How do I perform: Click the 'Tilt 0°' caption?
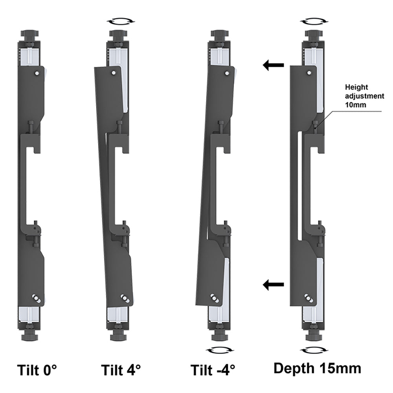click(x=37, y=370)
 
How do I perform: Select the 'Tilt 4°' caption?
click(x=121, y=370)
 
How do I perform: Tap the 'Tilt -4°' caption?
click(x=213, y=370)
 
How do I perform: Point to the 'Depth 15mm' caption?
click(x=317, y=369)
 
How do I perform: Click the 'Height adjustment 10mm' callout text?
click(x=364, y=96)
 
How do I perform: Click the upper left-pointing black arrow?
click(x=273, y=65)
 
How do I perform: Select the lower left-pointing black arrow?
click(x=273, y=285)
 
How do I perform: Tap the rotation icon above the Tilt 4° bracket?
click(x=121, y=21)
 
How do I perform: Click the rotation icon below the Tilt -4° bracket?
click(x=220, y=350)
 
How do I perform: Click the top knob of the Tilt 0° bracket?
click(x=30, y=35)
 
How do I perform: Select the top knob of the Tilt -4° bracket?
click(x=220, y=35)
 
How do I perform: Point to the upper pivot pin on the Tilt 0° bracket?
click(x=37, y=73)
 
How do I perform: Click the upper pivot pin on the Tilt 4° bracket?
click(x=114, y=73)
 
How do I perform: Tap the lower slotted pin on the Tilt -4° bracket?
click(x=215, y=298)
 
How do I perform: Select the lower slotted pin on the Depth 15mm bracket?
click(x=309, y=298)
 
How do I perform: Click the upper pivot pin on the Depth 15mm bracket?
click(x=309, y=73)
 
